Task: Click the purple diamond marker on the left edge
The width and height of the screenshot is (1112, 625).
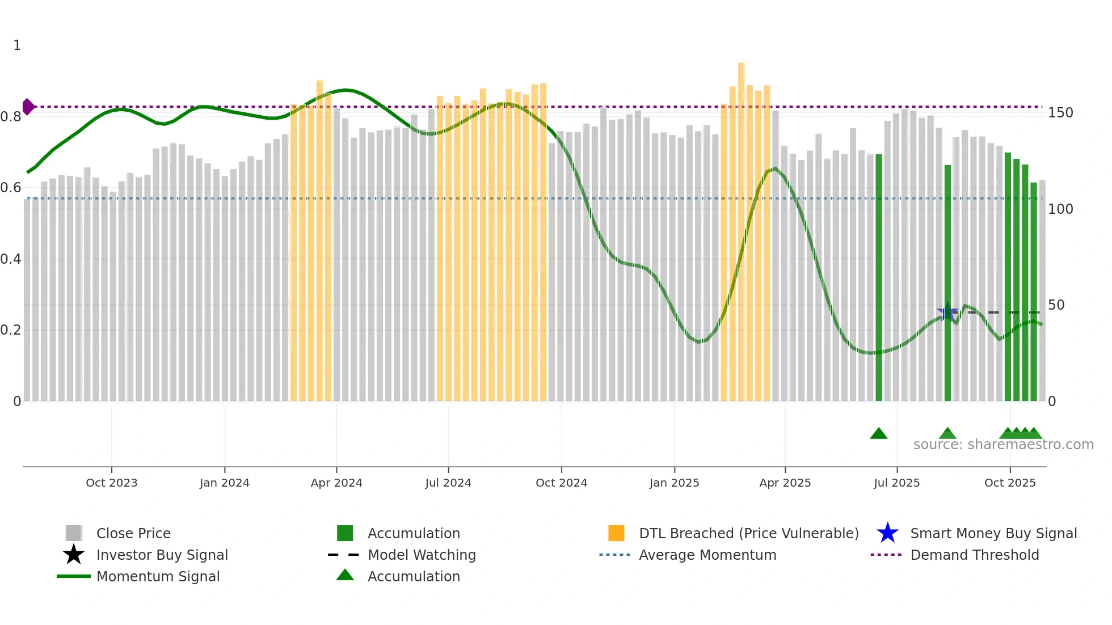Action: (28, 107)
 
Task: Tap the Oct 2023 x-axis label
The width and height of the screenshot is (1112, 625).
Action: (111, 483)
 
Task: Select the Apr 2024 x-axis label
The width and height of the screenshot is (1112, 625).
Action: (336, 483)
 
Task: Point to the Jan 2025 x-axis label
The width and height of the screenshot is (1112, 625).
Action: (674, 483)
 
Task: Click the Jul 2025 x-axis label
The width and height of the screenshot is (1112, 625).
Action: (896, 483)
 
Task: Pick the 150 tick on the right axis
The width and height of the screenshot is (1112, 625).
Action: (1060, 113)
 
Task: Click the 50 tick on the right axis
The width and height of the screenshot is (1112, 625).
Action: (1056, 305)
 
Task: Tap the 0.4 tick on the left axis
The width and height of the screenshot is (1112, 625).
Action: (11, 259)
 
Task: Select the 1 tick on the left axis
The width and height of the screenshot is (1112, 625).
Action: (17, 45)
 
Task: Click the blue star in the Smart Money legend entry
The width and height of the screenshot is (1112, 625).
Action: (887, 533)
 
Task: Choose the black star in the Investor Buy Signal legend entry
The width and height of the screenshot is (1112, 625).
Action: (74, 555)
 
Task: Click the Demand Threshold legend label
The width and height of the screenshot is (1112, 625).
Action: (974, 555)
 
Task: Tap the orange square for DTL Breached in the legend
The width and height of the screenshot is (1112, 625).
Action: (616, 533)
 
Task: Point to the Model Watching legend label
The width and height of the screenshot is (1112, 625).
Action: (422, 555)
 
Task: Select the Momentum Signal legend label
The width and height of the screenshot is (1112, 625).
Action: (158, 576)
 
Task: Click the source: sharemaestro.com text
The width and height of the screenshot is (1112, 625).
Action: (1003, 445)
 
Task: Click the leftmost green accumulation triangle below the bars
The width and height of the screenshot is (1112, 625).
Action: (878, 434)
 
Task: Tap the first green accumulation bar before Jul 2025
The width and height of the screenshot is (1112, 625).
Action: (879, 278)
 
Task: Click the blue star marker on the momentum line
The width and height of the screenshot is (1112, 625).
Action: (947, 312)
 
